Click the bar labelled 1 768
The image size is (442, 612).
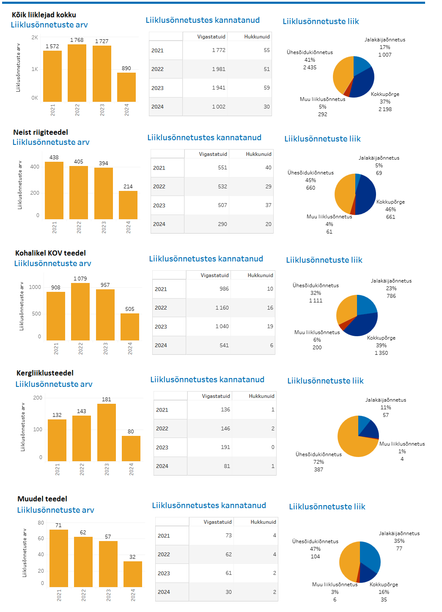[x=77, y=73]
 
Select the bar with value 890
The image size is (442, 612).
[x=126, y=87]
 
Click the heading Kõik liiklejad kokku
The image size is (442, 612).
[x=44, y=15]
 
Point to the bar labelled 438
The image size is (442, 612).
[x=54, y=190]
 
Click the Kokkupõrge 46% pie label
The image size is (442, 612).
[x=390, y=209]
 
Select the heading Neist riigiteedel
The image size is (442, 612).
[x=41, y=132]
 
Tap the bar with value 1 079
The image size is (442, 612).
[x=80, y=311]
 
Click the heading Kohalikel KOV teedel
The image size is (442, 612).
[x=50, y=253]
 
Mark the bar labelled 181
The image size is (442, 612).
[x=107, y=432]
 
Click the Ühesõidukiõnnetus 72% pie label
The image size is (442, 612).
[x=318, y=462]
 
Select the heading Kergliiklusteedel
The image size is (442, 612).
[x=45, y=373]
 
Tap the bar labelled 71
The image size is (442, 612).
[x=59, y=558]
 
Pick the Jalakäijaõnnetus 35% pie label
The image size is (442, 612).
[x=399, y=541]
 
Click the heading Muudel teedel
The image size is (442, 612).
[x=42, y=499]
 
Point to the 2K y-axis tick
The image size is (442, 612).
[x=35, y=38]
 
